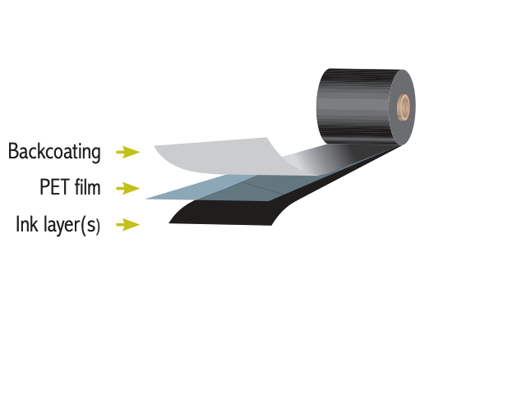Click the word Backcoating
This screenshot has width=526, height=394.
pos(54,152)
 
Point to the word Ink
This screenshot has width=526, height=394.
pos(28,224)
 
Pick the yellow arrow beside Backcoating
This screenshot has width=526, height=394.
pos(127,152)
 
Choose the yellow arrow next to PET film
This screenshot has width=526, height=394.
pos(127,189)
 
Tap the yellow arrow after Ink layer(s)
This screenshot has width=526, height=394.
pos(127,224)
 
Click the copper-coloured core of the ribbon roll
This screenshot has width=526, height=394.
pos(404,106)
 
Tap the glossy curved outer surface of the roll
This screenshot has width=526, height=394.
pos(353,107)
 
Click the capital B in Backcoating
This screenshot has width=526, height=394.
pos(12,152)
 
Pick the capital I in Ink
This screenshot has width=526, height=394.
pos(18,224)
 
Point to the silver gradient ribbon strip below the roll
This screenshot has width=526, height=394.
pos(329,161)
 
